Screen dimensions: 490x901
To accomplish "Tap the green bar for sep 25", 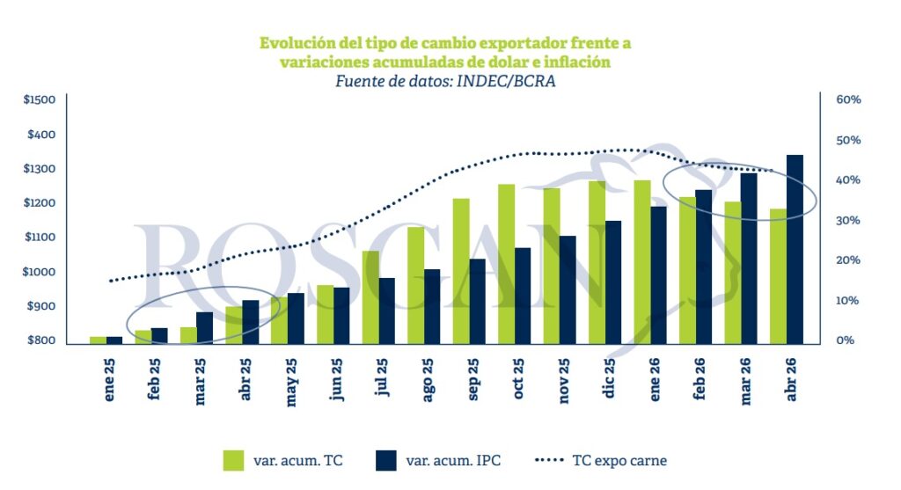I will [x=461, y=271].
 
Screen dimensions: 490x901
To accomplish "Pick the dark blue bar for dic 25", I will [x=613, y=282].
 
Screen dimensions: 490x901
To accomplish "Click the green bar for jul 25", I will [x=370, y=297].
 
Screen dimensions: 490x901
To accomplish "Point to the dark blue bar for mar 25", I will [x=204, y=327].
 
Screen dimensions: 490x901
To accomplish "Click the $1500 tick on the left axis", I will [x=40, y=100].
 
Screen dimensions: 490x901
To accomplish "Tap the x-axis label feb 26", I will [x=700, y=380].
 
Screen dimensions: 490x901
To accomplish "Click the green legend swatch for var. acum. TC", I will [x=234, y=460].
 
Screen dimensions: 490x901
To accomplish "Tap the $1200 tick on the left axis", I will [x=40, y=203].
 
